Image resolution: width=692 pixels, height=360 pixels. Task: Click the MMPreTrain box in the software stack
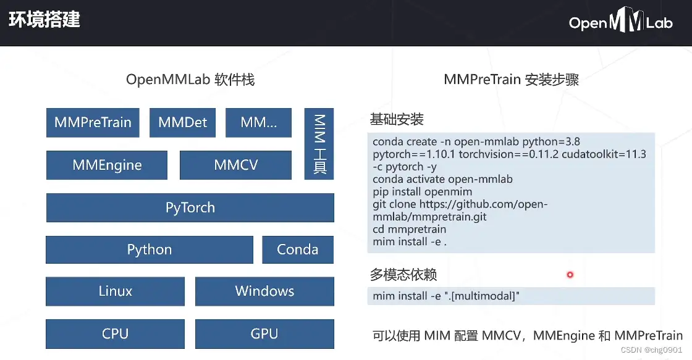coord(93,122)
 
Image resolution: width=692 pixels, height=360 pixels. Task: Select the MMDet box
coord(182,122)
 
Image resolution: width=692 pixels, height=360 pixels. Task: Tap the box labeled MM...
coord(258,122)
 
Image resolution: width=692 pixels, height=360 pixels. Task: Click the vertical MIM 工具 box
coord(319,144)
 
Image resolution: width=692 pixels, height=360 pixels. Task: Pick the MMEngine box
coord(107,165)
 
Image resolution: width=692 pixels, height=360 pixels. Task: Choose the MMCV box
coord(235,165)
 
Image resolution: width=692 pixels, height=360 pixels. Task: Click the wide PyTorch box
coord(190,207)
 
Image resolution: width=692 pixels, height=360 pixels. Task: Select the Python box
coord(150,249)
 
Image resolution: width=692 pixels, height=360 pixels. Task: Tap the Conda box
coord(297,249)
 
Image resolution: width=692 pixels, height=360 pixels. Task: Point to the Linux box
coord(115,291)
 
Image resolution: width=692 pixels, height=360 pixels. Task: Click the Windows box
coord(264,291)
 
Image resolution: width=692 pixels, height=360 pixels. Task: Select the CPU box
coord(115,333)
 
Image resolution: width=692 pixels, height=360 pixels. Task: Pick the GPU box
coord(264,333)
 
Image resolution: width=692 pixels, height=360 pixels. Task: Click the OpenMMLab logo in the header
coord(620,23)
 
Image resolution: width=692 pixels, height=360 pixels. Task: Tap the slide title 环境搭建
coord(44,19)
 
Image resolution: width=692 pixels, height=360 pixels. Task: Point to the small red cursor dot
coord(570,274)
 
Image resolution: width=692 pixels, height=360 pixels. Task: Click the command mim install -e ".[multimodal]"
coord(446,296)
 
